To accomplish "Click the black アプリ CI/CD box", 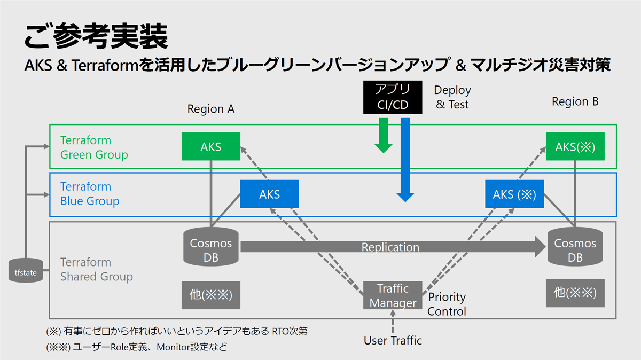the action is [393, 97].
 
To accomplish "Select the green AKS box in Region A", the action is [211, 146].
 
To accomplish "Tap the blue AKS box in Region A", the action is [269, 194].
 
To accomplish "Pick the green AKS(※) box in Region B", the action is [575, 146].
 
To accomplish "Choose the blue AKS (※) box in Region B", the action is [514, 194].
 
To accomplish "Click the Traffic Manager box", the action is [393, 295].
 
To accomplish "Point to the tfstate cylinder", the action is [26, 270].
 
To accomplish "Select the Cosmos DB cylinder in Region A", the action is [211, 247].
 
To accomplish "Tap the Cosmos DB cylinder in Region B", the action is [575, 247].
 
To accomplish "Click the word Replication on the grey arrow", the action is [390, 247].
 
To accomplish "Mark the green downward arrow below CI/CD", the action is [384, 135].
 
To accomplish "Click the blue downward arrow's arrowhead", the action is [405, 198].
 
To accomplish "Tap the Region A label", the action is [211, 109].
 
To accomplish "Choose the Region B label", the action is [575, 101].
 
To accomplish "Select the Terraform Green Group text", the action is [94, 147].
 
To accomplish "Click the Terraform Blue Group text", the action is [90, 194].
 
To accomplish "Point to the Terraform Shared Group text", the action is [97, 269].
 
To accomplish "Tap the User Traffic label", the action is [393, 341].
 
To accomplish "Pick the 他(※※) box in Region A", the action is [211, 295].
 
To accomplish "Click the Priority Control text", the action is [447, 304].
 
